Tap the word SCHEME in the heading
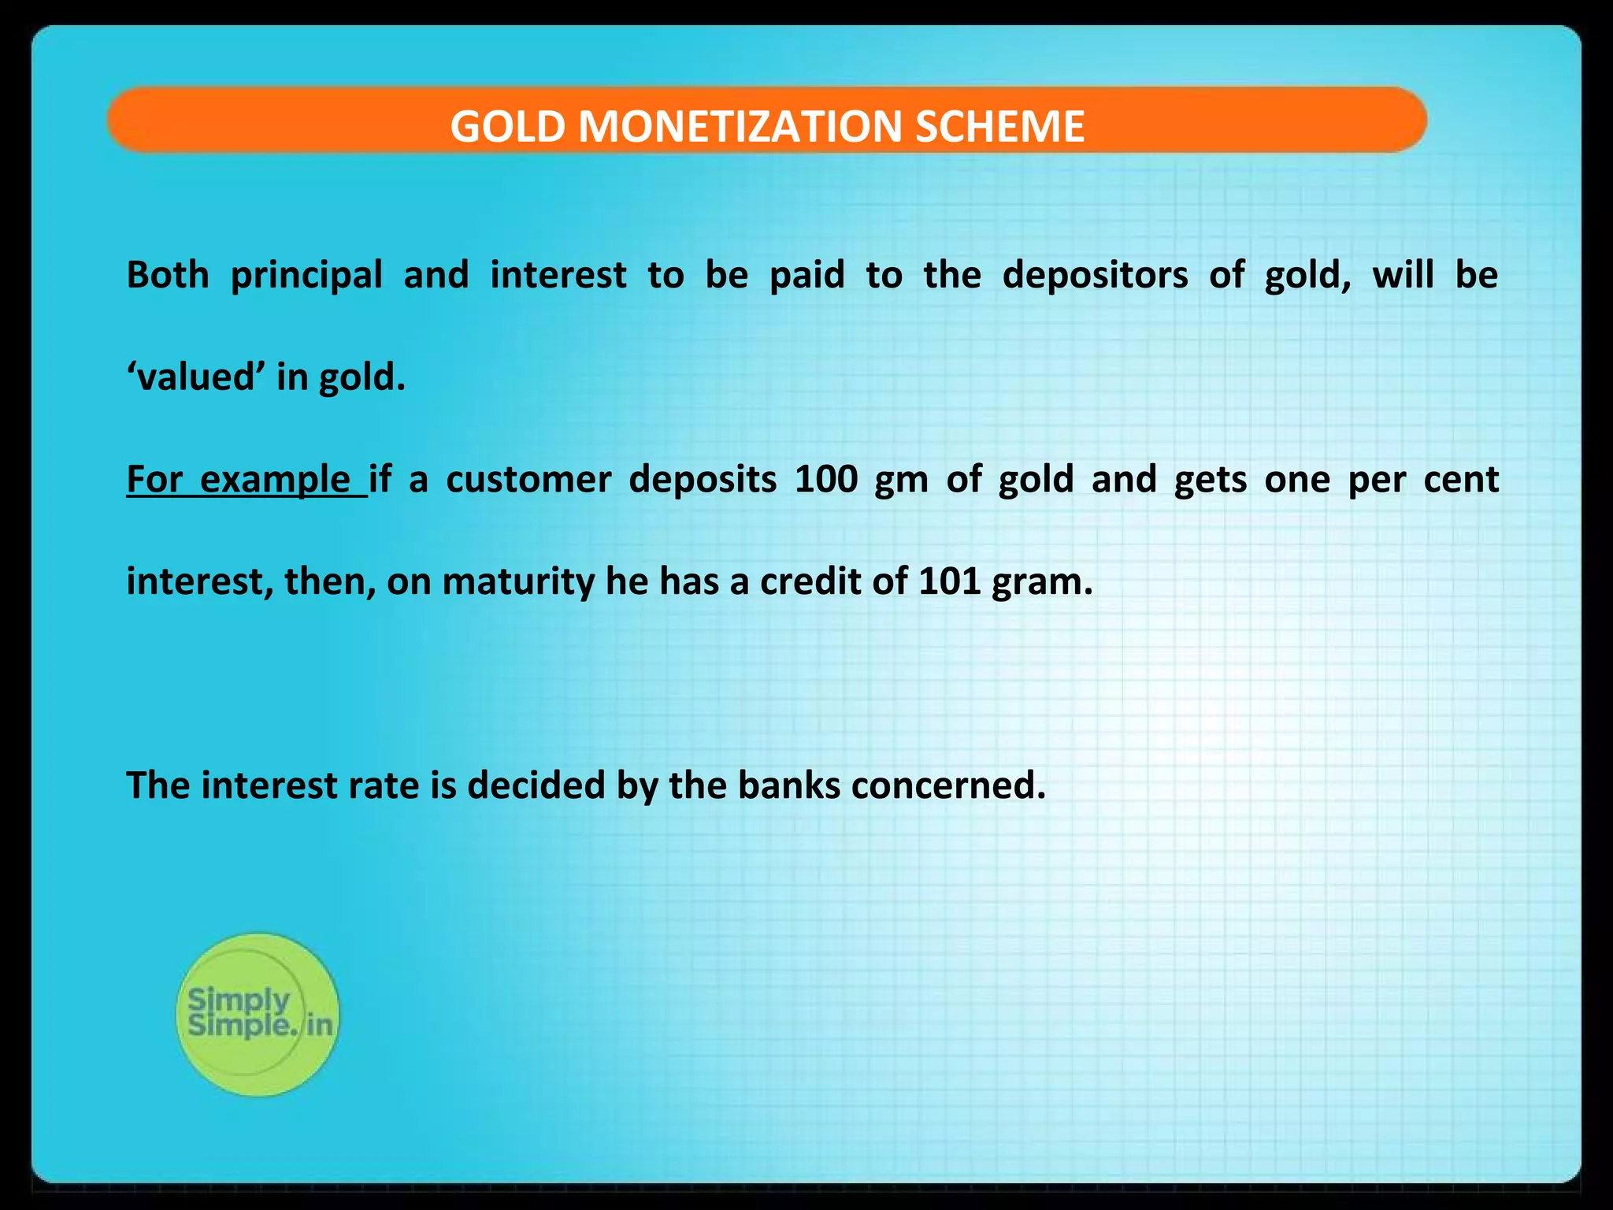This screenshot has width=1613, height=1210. pos(999,126)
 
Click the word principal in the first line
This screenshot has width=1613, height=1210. pos(306,276)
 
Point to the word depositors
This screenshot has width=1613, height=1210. pos(1094,276)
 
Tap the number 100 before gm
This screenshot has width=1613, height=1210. pos(825,480)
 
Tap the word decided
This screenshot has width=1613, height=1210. pos(536,785)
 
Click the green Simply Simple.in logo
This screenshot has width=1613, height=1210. pos(258,1015)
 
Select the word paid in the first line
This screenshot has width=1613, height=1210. pos(806,276)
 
